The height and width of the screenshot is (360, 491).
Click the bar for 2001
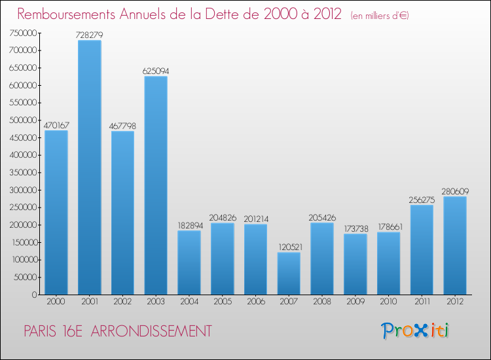point(90,168)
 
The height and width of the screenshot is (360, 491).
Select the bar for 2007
point(289,274)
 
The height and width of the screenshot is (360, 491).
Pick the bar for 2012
point(455,245)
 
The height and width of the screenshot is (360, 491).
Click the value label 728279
point(90,34)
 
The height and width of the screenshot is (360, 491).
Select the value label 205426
point(322,217)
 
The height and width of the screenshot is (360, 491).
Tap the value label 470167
point(56,124)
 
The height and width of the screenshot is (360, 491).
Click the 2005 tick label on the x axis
point(223,302)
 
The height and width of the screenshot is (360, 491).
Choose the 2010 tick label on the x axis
point(388,302)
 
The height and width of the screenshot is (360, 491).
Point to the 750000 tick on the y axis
point(24,33)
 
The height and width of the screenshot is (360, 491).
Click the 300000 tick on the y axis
point(24,190)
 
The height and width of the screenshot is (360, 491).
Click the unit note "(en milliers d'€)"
point(371,15)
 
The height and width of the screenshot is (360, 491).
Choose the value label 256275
point(422,199)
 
